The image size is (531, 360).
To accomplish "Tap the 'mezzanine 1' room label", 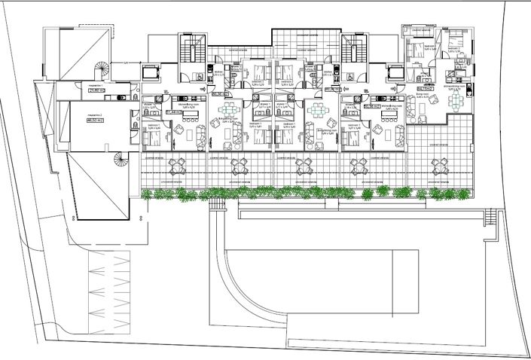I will pyautogui.click(x=96, y=87).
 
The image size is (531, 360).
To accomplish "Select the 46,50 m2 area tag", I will pyautogui.click(x=95, y=121).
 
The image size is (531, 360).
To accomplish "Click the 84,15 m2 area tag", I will pyautogui.click(x=424, y=88).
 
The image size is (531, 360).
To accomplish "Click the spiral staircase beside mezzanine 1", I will pyautogui.click(x=101, y=71).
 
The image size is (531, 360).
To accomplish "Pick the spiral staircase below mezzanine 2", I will pyautogui.click(x=120, y=160).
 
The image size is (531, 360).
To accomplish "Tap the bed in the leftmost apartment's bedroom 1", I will pyautogui.click(x=150, y=136).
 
